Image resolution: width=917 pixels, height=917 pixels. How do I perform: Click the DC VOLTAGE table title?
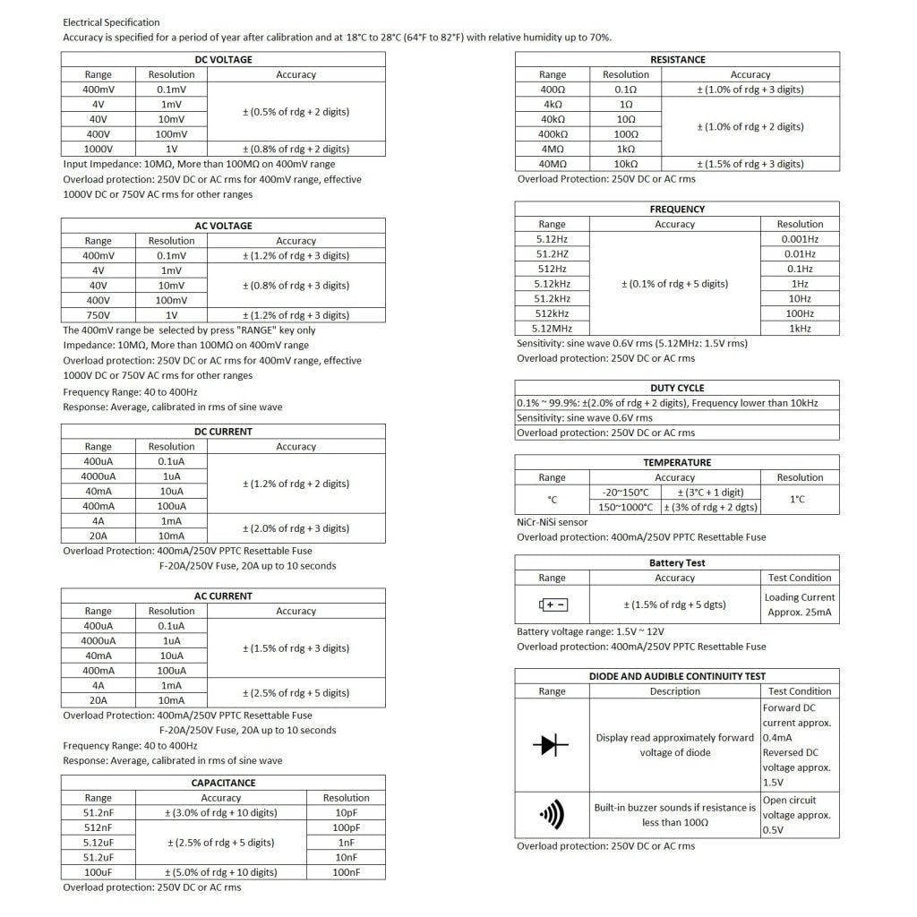click(223, 60)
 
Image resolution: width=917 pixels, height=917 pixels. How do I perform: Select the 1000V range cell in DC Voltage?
click(99, 149)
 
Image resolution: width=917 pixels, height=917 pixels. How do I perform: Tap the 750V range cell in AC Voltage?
click(99, 315)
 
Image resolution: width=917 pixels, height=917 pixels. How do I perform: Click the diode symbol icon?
click(551, 744)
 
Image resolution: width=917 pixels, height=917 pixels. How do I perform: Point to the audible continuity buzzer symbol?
click(552, 814)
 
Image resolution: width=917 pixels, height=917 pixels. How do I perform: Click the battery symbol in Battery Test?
click(553, 604)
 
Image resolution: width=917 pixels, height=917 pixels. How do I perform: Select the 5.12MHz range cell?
click(553, 329)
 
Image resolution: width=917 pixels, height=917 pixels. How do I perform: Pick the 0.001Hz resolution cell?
click(800, 239)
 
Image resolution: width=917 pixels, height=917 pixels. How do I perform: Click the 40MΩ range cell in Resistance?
click(553, 164)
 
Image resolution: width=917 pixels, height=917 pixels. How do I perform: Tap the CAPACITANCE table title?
click(223, 783)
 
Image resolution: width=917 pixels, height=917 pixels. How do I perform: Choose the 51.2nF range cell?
click(99, 812)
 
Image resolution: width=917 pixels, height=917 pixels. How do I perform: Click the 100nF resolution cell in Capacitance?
click(346, 872)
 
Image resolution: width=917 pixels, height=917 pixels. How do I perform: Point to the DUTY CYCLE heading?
click(677, 388)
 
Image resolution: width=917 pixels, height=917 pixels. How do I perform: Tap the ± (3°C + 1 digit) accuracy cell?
click(710, 493)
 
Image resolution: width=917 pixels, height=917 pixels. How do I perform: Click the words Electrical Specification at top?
click(112, 22)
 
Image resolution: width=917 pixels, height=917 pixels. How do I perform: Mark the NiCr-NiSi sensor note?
click(553, 522)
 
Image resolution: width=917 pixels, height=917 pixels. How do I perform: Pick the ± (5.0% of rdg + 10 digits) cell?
click(221, 872)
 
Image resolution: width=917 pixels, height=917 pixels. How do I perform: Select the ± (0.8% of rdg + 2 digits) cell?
click(296, 149)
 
